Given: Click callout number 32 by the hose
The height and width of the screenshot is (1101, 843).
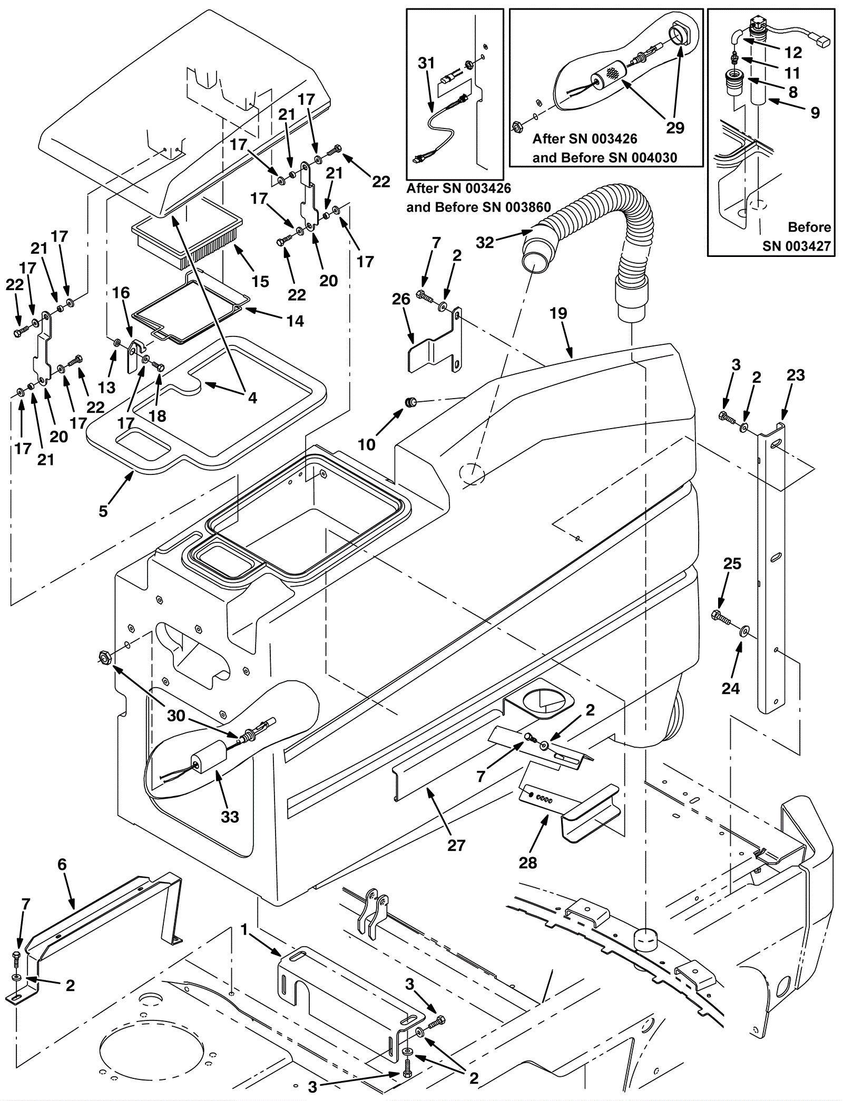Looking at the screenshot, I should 485,242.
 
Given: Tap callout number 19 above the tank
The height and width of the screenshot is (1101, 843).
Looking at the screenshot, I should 558,314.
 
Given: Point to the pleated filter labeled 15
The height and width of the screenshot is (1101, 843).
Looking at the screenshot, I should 190,240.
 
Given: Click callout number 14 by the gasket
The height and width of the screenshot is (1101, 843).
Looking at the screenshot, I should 296,321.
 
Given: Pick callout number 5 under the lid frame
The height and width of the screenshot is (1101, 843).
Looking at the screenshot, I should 103,511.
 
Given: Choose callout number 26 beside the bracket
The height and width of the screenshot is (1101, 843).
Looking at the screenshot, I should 401,300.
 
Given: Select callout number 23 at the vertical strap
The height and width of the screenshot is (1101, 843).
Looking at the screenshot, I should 796,375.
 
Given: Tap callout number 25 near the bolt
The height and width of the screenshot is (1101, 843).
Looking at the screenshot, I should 732,564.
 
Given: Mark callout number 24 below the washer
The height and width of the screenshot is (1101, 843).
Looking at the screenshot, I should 731,688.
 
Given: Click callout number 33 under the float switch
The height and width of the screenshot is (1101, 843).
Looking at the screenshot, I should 230,817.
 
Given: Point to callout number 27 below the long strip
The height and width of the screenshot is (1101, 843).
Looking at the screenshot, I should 456,845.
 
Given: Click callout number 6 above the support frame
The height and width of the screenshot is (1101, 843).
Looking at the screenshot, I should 62,865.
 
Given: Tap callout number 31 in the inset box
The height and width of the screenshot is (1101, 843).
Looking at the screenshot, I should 426,63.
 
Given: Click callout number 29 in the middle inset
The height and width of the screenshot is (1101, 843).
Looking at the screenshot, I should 675,128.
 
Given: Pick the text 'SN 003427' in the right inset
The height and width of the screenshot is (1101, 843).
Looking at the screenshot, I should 796,246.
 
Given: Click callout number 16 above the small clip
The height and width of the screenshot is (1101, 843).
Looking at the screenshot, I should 121,293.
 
